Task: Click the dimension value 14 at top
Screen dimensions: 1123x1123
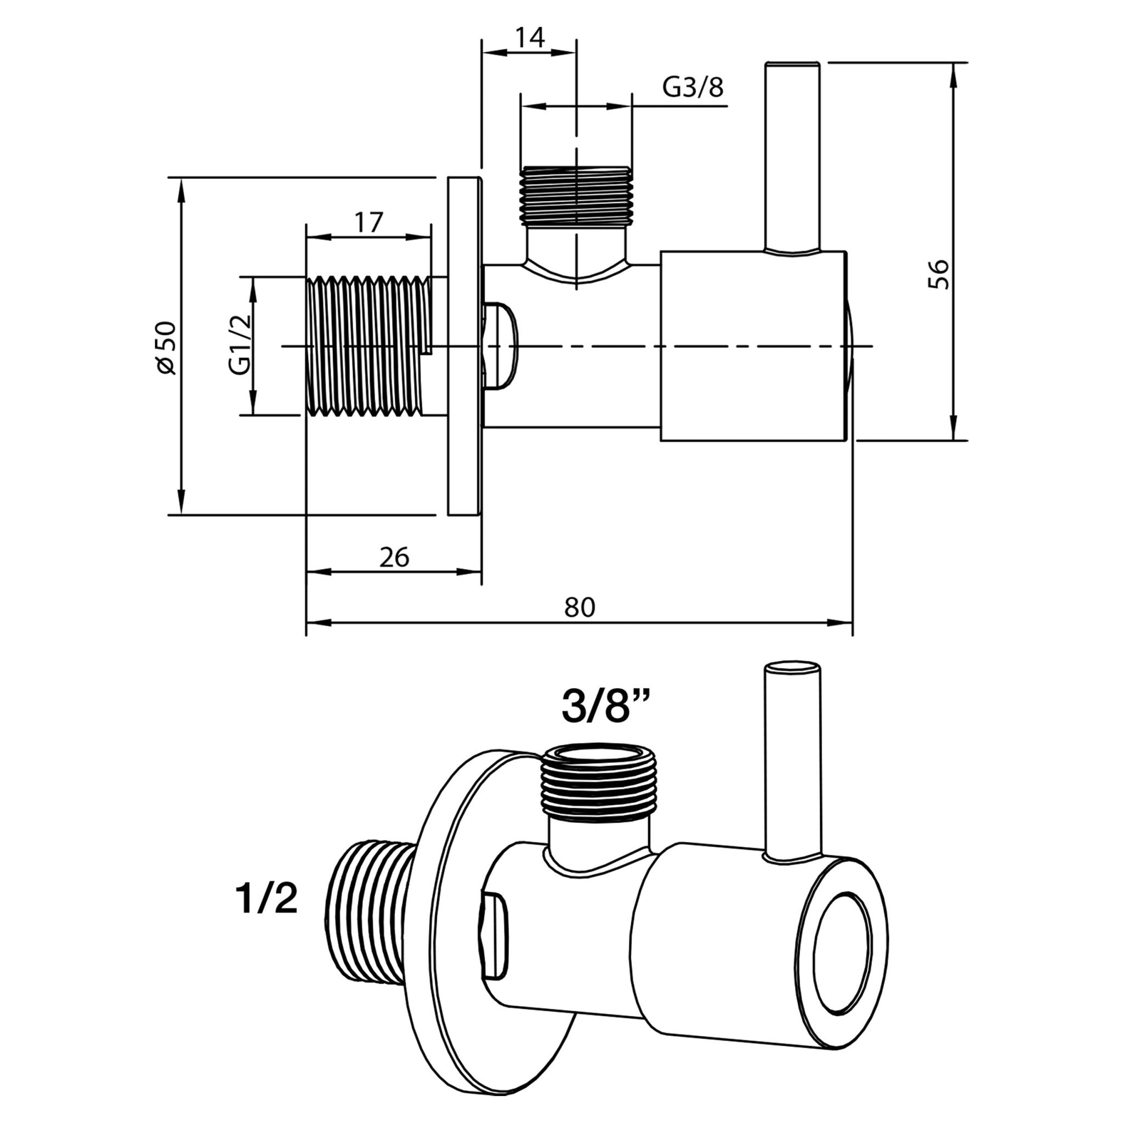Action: point(530,38)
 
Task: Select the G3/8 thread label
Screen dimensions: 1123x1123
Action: point(693,88)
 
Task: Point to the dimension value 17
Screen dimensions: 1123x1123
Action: point(368,222)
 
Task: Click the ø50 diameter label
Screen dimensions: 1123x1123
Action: point(166,347)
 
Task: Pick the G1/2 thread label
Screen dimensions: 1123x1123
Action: point(240,344)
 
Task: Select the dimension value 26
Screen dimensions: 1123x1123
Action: point(394,558)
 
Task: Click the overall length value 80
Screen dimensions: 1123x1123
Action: point(580,608)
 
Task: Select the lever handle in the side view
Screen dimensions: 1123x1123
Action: point(793,157)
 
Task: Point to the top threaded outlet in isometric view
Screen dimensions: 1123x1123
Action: point(599,783)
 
